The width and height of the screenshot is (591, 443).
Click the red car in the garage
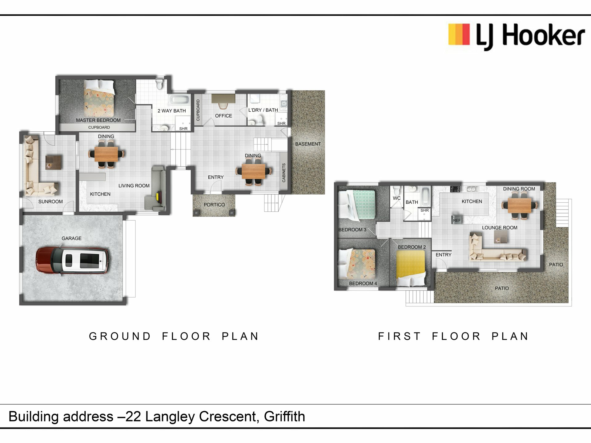coord(72,260)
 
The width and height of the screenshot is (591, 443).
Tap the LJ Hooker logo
coord(516,36)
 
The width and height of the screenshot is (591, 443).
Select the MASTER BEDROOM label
coord(98,120)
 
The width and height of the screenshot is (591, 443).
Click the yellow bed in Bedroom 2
coord(411,268)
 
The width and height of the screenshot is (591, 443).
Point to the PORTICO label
coord(214,205)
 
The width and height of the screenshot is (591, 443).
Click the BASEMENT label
coord(308,144)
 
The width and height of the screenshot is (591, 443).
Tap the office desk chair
coord(223,106)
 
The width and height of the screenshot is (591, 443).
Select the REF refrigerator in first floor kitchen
coord(457,220)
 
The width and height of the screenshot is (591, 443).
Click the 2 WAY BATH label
coord(172,111)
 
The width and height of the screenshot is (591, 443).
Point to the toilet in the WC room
coord(397,190)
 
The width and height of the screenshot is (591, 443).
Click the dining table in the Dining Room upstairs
coord(520,205)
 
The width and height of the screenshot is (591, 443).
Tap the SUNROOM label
coord(50,202)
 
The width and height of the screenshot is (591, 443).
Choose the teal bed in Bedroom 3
coord(357,205)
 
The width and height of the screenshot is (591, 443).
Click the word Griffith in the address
coord(284,417)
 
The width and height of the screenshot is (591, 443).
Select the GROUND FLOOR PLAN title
coord(174,336)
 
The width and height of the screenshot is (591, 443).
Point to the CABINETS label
coord(284,173)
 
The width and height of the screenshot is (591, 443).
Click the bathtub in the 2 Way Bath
coord(178,100)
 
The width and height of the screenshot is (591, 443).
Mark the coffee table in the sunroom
coord(54,162)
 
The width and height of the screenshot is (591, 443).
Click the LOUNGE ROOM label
coord(500,228)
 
